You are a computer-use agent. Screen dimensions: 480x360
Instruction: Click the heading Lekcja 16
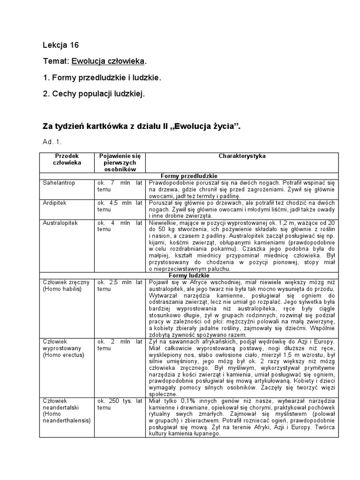[x=61, y=45]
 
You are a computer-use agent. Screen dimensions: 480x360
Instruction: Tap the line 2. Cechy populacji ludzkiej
[x=94, y=93]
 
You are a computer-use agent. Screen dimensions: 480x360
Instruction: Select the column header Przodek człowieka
[x=67, y=159]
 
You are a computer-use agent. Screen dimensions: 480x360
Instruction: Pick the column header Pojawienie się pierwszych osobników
[x=120, y=162]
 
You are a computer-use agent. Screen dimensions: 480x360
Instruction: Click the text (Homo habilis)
[x=62, y=289]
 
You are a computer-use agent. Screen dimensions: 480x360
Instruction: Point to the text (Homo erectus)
[x=63, y=355]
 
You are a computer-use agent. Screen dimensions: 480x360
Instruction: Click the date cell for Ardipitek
[x=120, y=207]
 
